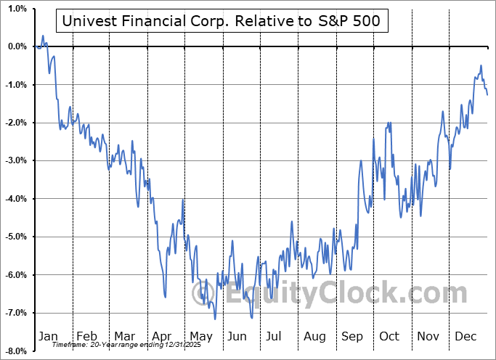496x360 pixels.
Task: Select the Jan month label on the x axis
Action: (x=47, y=337)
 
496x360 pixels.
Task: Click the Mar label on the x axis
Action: (x=125, y=337)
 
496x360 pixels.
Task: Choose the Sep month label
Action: (x=354, y=337)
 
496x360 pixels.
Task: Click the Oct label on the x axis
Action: (x=390, y=337)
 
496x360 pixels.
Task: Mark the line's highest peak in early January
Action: (x=43, y=36)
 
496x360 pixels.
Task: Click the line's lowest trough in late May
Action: (x=215, y=319)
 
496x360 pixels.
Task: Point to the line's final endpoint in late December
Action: (x=487, y=94)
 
